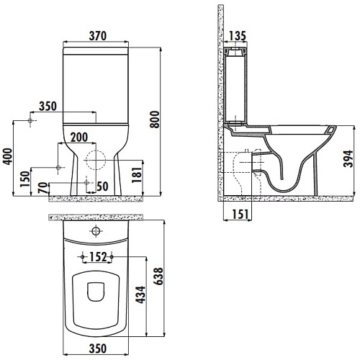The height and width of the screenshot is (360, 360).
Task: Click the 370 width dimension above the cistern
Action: click(x=98, y=36)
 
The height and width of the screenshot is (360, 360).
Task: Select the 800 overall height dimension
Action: click(x=155, y=120)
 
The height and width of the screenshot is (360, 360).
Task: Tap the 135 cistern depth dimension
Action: click(x=238, y=36)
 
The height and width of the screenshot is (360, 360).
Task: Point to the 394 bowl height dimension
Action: click(x=348, y=158)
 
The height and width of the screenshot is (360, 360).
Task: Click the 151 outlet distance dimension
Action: click(x=240, y=214)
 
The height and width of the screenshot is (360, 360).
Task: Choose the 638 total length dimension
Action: click(x=158, y=276)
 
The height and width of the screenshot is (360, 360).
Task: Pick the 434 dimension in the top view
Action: click(x=140, y=294)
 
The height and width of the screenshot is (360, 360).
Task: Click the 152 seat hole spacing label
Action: click(x=98, y=257)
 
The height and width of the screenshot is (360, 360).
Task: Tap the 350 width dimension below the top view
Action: click(x=98, y=348)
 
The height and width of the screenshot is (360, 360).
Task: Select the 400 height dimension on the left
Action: click(x=7, y=156)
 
